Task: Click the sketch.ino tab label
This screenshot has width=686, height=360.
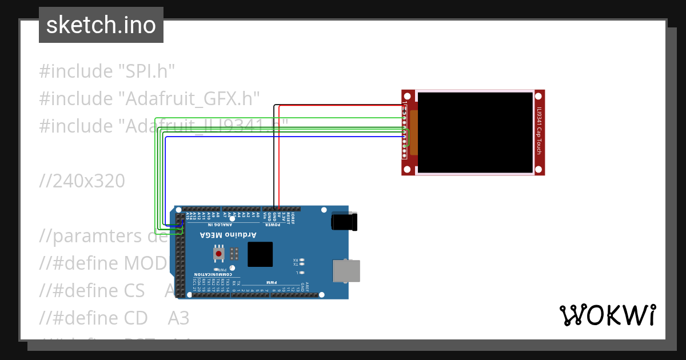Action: click(x=101, y=25)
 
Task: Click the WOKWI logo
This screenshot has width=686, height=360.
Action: click(x=607, y=315)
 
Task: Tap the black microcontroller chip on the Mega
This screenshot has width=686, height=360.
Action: click(x=260, y=254)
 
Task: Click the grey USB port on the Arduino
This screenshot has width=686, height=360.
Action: click(x=346, y=271)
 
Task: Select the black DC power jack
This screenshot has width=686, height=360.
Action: click(x=344, y=221)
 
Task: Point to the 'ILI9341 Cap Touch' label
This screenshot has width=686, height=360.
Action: click(x=539, y=131)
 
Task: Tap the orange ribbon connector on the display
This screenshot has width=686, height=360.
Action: click(x=413, y=133)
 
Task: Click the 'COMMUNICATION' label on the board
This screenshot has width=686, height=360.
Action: click(x=214, y=275)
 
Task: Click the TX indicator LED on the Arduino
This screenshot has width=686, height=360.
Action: click(x=302, y=264)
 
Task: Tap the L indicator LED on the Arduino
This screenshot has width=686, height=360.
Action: click(x=302, y=273)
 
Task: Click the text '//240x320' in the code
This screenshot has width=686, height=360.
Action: click(x=82, y=181)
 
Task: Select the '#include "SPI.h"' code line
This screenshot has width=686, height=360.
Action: click(x=107, y=71)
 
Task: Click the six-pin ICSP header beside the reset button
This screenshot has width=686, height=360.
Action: click(x=234, y=253)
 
